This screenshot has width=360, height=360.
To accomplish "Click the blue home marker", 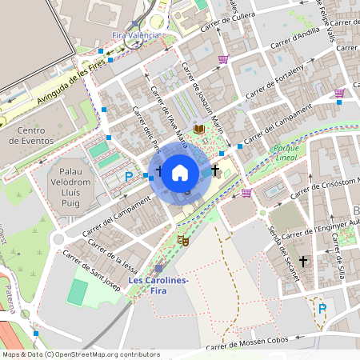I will coord(180,172).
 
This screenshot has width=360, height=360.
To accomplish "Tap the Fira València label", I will coord(138,36).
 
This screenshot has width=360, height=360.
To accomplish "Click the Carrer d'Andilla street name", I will coord(296,38).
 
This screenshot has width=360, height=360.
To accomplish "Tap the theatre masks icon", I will coord(183,238).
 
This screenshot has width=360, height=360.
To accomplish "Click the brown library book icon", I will coord(199,129).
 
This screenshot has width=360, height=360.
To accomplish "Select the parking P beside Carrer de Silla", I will coord(322,309).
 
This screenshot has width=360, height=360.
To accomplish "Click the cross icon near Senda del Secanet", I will coord(303,262).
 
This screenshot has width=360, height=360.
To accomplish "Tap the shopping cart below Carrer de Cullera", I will coord(222,59).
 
